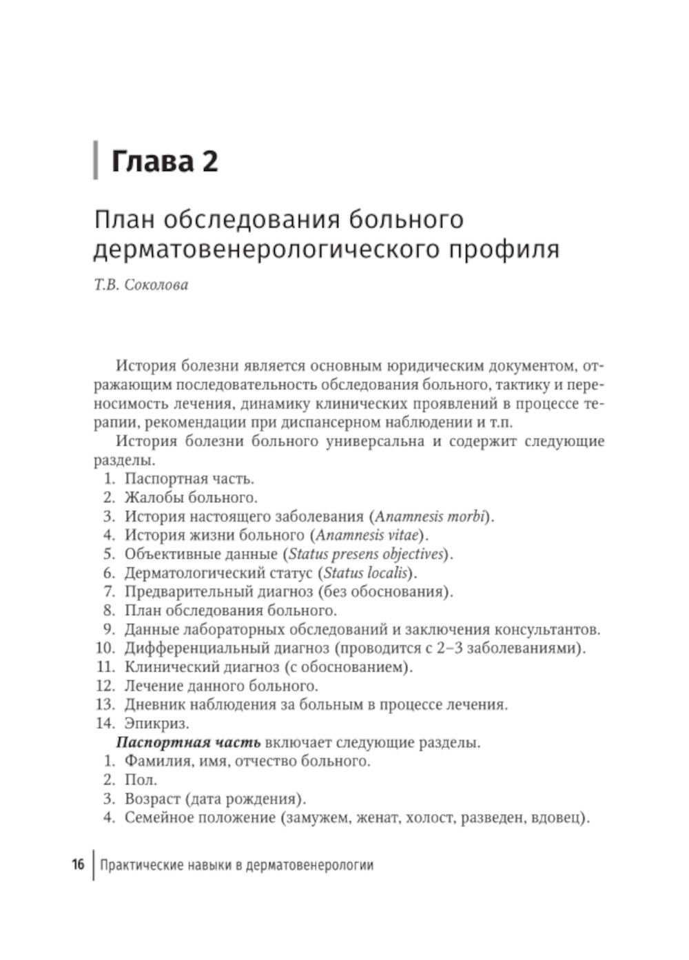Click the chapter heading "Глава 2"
(x=165, y=161)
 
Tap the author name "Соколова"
(x=156, y=285)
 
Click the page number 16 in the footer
(x=78, y=864)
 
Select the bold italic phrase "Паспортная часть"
(x=188, y=742)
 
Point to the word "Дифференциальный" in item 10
(x=192, y=648)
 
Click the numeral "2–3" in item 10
(x=449, y=648)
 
